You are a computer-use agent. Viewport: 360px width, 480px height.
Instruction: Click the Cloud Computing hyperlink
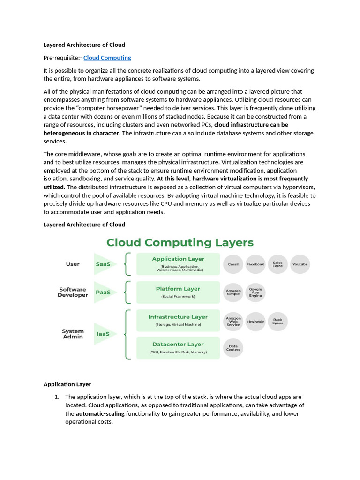pos(107,58)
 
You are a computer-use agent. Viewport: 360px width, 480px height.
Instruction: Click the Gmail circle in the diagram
pos(233,264)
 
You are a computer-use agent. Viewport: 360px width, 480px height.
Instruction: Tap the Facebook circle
pos(255,264)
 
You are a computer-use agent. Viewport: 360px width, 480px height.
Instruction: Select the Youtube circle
pos(300,264)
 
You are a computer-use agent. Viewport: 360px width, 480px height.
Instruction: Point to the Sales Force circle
pos(278,264)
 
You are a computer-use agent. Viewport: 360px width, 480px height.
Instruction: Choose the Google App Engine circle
pos(255,292)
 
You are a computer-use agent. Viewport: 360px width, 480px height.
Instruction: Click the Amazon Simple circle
pos(233,292)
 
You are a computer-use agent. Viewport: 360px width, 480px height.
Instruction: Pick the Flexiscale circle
pos(255,322)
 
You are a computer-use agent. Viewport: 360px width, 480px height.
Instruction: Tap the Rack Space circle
pos(278,322)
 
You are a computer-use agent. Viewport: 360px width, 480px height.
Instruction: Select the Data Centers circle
pos(233,348)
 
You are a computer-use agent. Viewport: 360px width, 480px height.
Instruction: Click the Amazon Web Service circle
pos(233,322)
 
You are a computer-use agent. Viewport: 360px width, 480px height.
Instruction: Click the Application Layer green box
pos(178,264)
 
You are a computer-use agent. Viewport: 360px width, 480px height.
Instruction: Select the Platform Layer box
pos(178,292)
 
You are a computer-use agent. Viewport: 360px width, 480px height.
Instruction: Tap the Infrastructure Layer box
pos(178,321)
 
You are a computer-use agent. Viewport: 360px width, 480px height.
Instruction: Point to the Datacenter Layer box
pos(178,348)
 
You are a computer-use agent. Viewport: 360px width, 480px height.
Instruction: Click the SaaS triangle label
pos(103,264)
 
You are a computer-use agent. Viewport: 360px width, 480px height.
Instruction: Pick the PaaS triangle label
pos(103,292)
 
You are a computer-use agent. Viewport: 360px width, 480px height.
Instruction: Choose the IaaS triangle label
pos(103,334)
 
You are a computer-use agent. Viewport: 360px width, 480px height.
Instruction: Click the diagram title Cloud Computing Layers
pos(180,242)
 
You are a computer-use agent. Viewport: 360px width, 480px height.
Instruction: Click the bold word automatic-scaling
pos(100,414)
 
